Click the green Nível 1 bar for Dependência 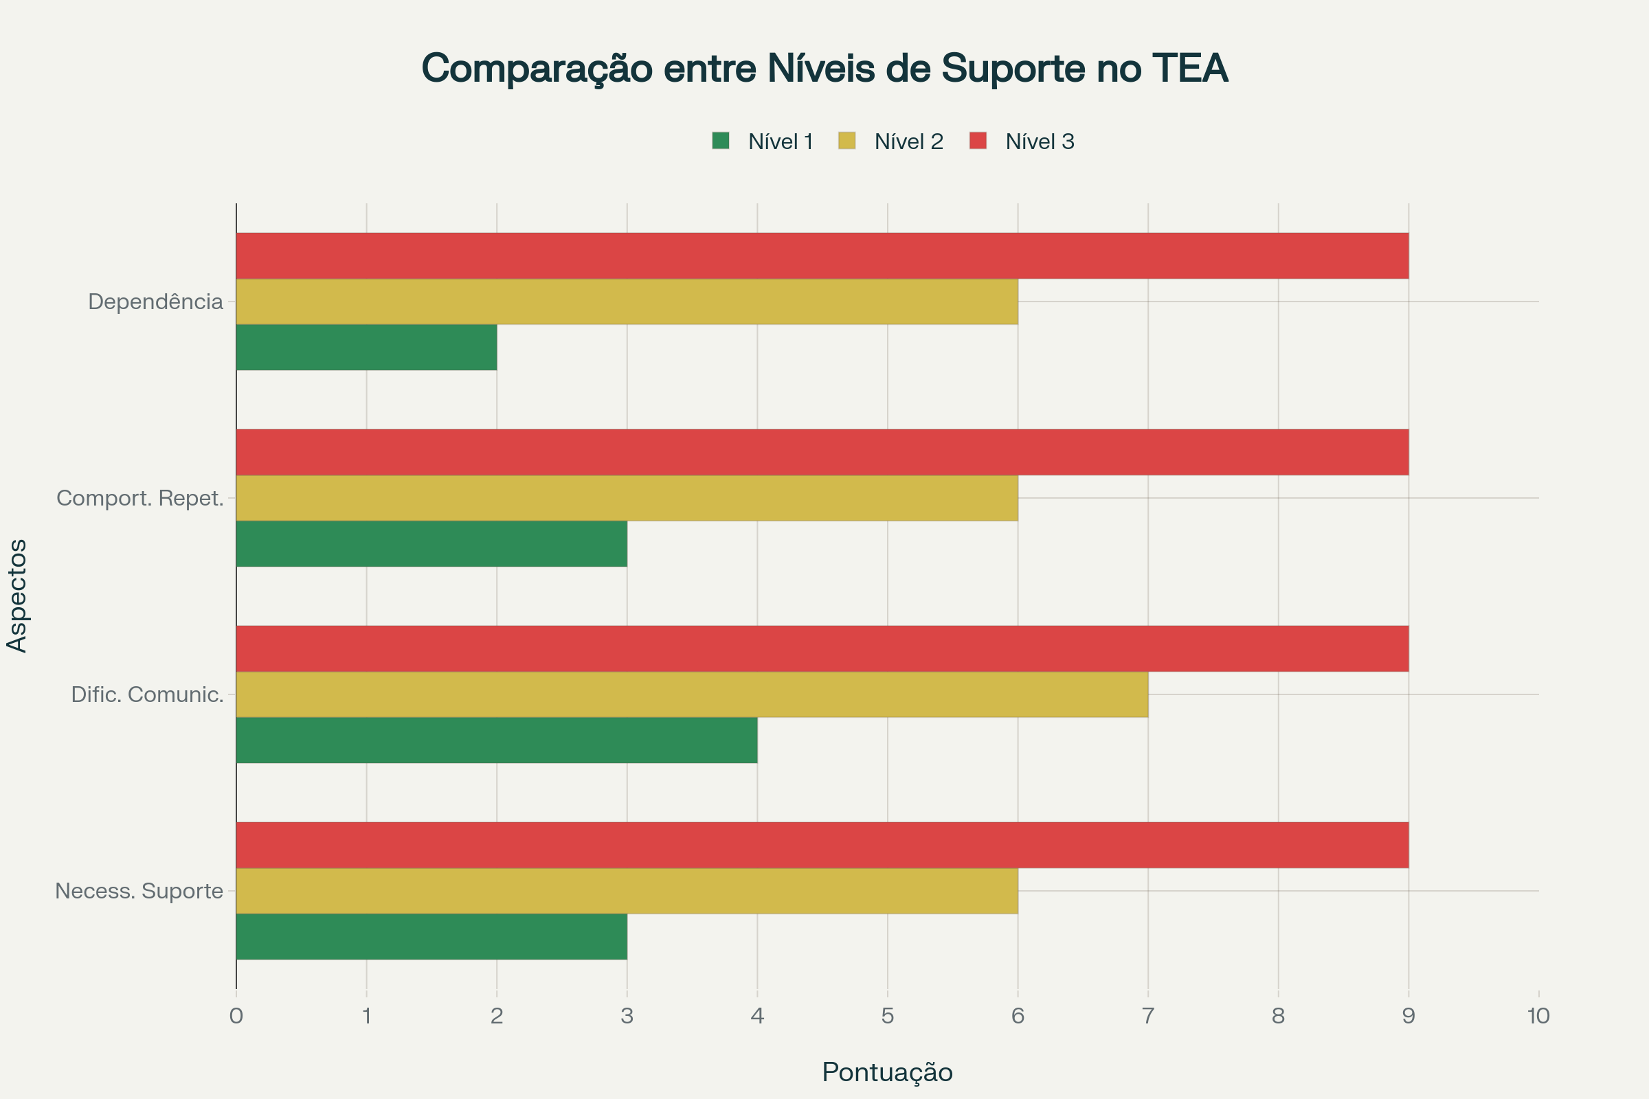[x=366, y=347]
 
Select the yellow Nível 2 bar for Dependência [x=627, y=302]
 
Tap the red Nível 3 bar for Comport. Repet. [x=822, y=452]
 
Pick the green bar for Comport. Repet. [x=431, y=543]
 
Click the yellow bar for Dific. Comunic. [x=692, y=694]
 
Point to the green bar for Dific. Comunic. [x=496, y=740]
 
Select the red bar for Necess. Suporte [x=822, y=845]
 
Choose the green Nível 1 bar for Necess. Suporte [x=431, y=936]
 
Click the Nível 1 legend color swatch [x=720, y=141]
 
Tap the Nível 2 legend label [x=908, y=141]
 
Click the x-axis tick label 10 [x=1538, y=1017]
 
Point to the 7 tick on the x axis [x=1147, y=1017]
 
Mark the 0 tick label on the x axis [x=236, y=1017]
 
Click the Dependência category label [x=155, y=302]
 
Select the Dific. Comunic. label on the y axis [x=146, y=694]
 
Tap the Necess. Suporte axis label [x=139, y=891]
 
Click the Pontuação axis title [x=887, y=1072]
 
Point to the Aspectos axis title [x=16, y=596]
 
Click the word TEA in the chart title [x=1189, y=69]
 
